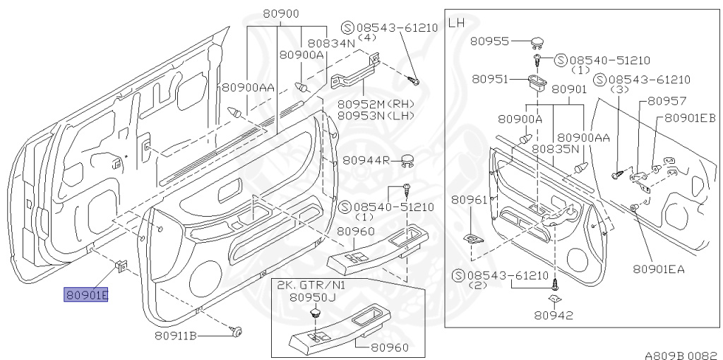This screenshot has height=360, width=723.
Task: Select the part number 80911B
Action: tap(176, 336)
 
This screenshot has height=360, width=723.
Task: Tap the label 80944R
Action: tap(366, 161)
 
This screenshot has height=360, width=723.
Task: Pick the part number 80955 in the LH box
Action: tap(491, 42)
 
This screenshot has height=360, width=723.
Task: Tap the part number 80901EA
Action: tap(658, 269)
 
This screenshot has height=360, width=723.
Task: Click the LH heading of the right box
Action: tap(457, 23)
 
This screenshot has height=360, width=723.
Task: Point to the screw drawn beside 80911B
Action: tap(238, 330)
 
